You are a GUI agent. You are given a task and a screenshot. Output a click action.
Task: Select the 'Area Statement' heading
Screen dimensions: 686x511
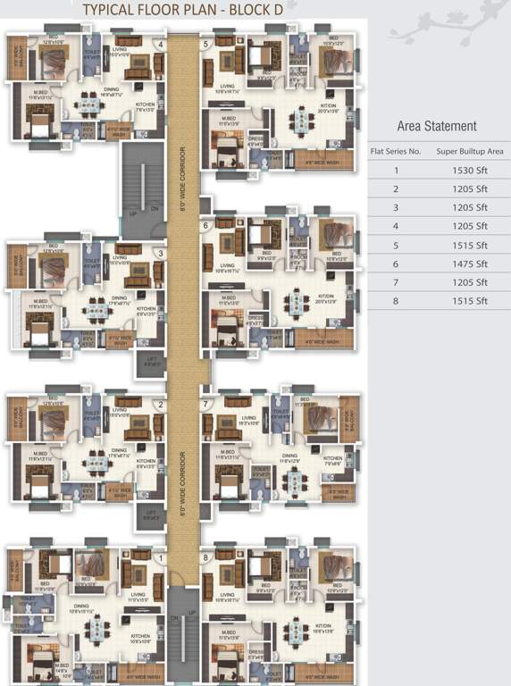coord(437,126)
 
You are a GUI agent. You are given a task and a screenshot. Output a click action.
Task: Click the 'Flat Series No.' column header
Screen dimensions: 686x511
coord(396,151)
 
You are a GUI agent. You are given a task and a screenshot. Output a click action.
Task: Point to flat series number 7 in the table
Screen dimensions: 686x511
coord(396,282)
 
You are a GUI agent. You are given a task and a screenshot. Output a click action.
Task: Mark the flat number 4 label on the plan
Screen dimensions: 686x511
coord(161,44)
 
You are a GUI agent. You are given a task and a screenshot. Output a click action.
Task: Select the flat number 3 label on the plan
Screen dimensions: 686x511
coord(161,253)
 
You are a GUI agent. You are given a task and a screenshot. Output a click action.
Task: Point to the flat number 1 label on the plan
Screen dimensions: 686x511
coord(161,558)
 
